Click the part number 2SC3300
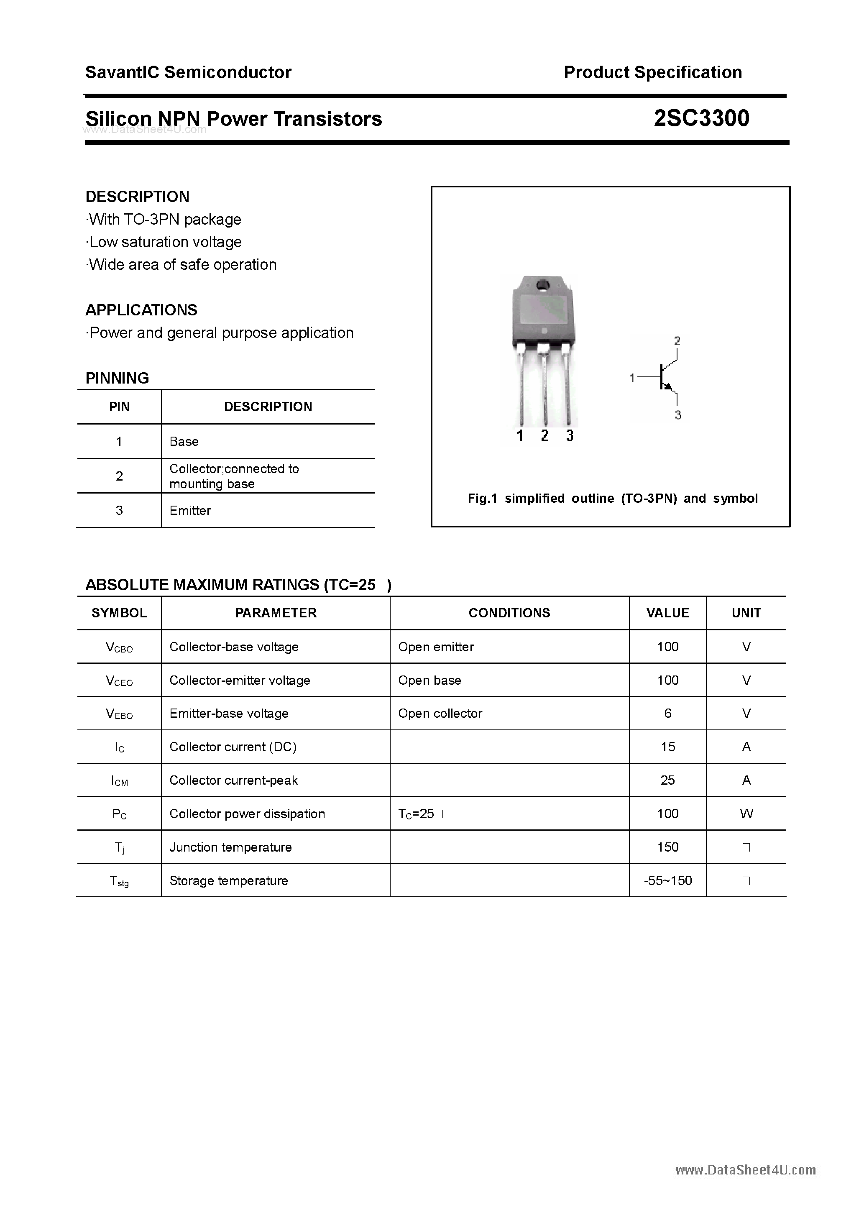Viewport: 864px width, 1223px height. [701, 118]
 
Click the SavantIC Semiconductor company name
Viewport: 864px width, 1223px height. [188, 72]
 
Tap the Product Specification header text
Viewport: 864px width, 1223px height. [652, 72]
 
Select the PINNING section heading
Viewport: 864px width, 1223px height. [117, 378]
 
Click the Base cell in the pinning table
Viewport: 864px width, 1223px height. [184, 442]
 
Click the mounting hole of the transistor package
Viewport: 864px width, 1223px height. [543, 284]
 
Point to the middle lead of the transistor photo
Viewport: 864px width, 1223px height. [544, 389]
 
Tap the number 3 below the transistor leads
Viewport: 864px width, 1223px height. [570, 436]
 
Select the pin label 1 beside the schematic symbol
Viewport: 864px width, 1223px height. [632, 378]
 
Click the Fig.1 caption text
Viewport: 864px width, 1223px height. [612, 499]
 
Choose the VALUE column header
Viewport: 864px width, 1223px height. [667, 613]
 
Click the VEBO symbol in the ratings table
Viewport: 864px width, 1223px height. [119, 714]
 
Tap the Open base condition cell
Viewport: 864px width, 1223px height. [429, 680]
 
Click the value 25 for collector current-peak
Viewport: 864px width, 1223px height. [667, 780]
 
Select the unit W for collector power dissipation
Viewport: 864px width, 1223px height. [746, 814]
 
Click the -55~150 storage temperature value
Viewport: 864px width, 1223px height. [667, 880]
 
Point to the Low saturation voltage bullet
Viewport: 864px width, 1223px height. [165, 242]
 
